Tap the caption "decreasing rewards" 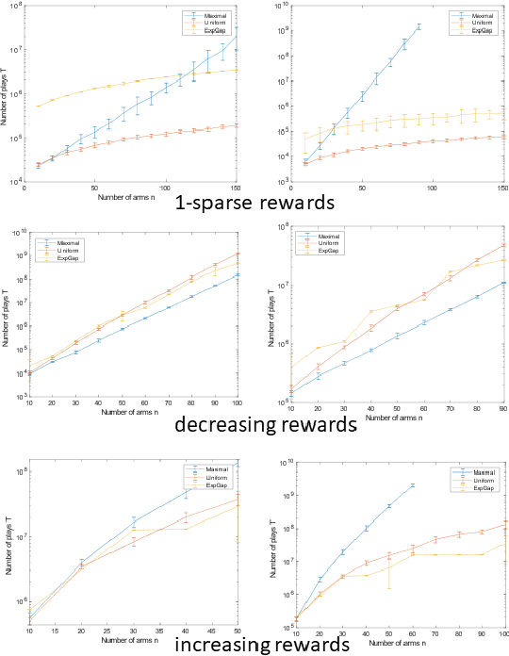[253, 424]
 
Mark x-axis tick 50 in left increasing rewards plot [236, 626]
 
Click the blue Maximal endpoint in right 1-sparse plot [419, 26]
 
